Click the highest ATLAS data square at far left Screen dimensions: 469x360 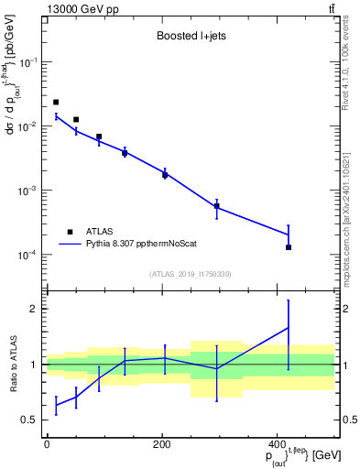56,102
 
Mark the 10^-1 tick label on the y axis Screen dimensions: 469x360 29,62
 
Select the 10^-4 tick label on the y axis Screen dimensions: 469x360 29,255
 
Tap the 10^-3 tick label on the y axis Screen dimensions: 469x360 29,191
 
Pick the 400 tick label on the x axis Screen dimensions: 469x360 278,444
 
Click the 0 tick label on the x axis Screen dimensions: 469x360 47,444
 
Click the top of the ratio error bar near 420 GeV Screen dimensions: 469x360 289,300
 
